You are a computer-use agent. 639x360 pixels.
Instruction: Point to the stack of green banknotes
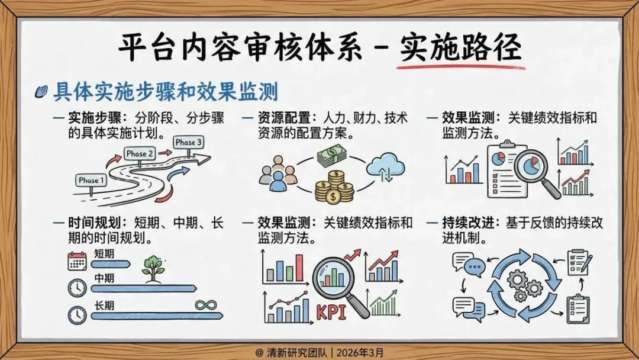tap(332, 156)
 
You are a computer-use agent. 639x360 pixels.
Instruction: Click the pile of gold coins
tap(334, 187)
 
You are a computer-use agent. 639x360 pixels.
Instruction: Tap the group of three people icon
tap(278, 173)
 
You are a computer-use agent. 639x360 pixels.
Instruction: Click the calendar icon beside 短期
tap(77, 261)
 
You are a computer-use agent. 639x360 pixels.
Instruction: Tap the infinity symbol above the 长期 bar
tap(206, 304)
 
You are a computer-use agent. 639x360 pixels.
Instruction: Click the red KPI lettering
tap(331, 313)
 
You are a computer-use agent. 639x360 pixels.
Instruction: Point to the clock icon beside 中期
tap(77, 288)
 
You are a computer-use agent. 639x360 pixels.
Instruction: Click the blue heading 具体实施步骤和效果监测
tap(166, 92)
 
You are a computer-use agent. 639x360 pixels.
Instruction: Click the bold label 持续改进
tap(469, 223)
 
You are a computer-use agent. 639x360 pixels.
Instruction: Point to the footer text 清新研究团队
tap(296, 352)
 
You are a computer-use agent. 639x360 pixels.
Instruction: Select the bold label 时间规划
tap(95, 223)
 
